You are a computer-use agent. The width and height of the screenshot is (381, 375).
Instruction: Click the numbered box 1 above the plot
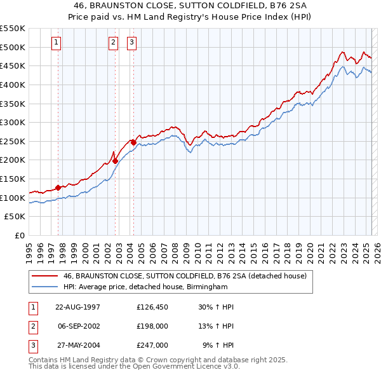[x=57, y=43]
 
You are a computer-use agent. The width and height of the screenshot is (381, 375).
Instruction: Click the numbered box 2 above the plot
[x=113, y=43]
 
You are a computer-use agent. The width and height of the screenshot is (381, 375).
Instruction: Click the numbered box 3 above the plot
[x=131, y=43]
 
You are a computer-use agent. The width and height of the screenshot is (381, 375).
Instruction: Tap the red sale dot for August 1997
[x=58, y=187]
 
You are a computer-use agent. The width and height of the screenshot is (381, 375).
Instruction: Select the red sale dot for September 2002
[x=115, y=161]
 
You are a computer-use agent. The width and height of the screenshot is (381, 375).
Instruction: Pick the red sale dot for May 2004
[x=134, y=142]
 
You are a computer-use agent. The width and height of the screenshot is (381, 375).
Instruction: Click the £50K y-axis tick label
[x=15, y=217]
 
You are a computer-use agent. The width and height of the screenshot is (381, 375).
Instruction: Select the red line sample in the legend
[x=44, y=276]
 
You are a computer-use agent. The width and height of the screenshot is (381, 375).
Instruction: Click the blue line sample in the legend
[x=44, y=287]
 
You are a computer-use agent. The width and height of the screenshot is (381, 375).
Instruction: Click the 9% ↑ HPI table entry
[x=218, y=345]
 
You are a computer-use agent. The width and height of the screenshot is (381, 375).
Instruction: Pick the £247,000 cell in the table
[x=152, y=345]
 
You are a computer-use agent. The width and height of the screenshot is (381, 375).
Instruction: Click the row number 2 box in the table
[x=32, y=326]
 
